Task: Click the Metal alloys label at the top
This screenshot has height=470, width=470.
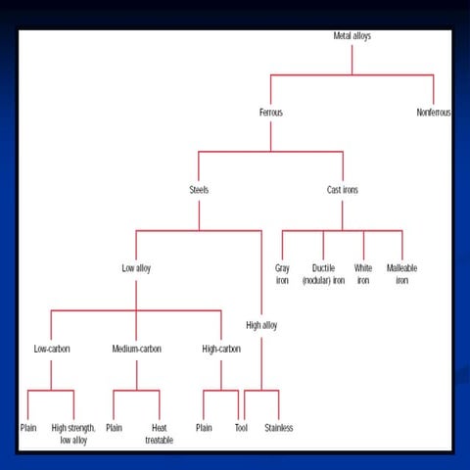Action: coord(352,36)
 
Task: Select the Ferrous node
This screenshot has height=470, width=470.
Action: coord(270,113)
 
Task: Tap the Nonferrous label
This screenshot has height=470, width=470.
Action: coord(434,113)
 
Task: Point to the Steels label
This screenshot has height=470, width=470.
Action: coord(199,190)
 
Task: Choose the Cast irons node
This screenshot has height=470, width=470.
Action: coord(343,190)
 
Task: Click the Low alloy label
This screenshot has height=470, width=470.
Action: coord(136,267)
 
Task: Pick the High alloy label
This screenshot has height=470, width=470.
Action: coord(261,325)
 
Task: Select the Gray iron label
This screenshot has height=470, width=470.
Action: coord(282,273)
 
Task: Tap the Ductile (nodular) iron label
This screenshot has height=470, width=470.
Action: coord(323,273)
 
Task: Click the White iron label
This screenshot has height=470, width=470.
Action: coord(363,273)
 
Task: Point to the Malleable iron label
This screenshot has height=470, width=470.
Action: coord(401,273)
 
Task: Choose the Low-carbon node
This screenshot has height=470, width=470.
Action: coord(51,349)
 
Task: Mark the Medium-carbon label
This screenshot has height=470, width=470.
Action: coord(136,349)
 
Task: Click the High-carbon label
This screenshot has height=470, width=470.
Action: coord(221,349)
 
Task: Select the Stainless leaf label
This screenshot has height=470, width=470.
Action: coord(279,428)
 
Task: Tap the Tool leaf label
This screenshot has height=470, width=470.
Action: coord(241,428)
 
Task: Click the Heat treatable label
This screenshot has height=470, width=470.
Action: coord(159,434)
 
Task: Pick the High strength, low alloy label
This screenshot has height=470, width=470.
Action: coord(73,434)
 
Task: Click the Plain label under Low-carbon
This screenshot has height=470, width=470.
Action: coord(28,428)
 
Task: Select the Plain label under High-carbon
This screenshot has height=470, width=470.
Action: coord(204,428)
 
